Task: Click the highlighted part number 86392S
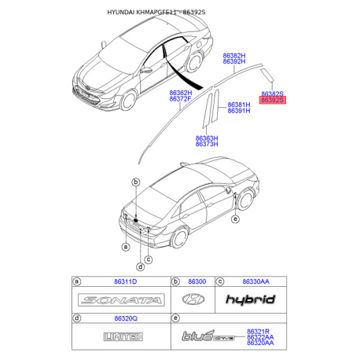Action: click(x=273, y=100)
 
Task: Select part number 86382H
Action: click(x=234, y=56)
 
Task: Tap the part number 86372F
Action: click(x=180, y=99)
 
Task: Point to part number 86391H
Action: click(x=239, y=111)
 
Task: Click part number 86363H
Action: click(x=207, y=138)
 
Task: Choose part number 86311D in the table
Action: click(x=126, y=281)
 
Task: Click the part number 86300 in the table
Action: click(x=197, y=281)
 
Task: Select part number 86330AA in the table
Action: click(x=255, y=281)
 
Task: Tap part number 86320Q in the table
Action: click(x=126, y=318)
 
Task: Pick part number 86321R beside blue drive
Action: click(x=258, y=332)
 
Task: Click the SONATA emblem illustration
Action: click(x=121, y=299)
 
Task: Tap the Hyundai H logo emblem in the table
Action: click(x=193, y=299)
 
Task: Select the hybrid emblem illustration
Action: click(x=251, y=299)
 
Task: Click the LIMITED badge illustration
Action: click(x=123, y=336)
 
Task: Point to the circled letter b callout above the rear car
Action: click(x=136, y=182)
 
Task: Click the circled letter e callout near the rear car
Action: click(x=236, y=219)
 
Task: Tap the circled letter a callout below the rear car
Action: click(x=126, y=247)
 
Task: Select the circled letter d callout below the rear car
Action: click(x=141, y=267)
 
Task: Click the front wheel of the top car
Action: click(x=128, y=100)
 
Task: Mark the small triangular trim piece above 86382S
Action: click(x=267, y=75)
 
